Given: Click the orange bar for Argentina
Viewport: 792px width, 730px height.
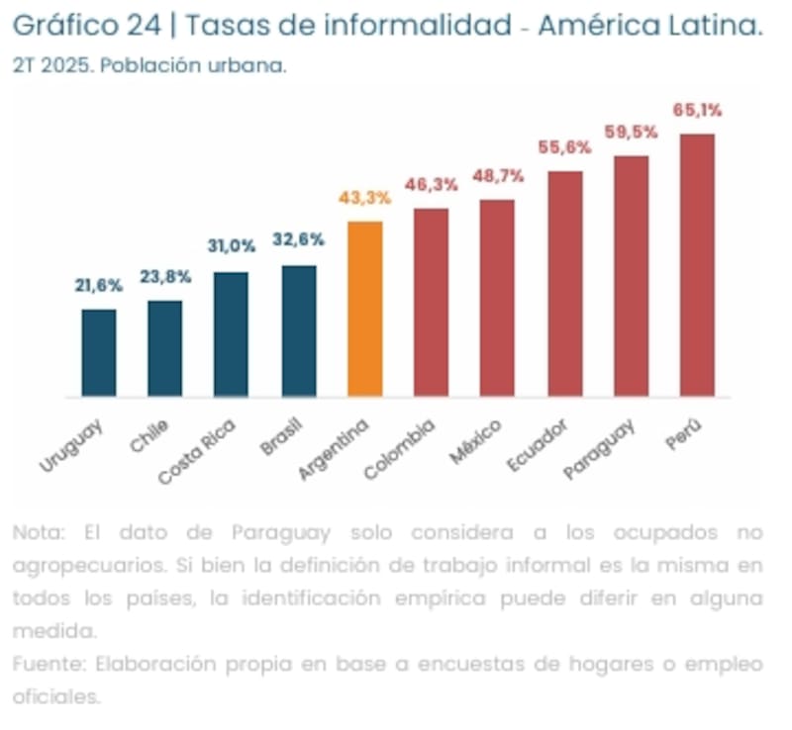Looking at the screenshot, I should click(365, 309).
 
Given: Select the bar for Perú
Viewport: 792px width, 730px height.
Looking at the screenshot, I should click(697, 265).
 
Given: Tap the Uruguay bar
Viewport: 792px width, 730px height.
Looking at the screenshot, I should click(99, 352).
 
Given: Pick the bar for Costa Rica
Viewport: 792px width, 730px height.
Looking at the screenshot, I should click(232, 334).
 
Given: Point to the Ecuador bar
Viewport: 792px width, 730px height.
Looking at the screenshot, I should click(564, 284).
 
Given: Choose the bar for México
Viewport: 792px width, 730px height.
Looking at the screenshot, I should click(497, 298).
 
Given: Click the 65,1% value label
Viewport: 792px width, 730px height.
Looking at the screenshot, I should click(697, 110).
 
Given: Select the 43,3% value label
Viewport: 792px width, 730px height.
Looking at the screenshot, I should click(365, 198).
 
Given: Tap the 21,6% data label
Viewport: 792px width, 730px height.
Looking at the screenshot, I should click(99, 286).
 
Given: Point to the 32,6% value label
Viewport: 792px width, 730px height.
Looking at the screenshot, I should click(298, 240).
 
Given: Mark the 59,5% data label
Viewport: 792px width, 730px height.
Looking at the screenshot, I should click(631, 133).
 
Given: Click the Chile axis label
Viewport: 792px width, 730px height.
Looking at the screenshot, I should click(149, 435).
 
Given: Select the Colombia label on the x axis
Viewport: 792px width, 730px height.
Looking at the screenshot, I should click(399, 450).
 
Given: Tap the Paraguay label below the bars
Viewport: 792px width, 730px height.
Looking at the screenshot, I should click(599, 450).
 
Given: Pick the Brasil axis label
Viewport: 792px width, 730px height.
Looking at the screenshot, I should click(281, 437).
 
